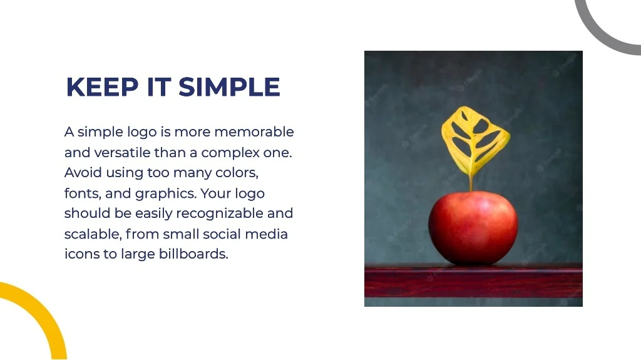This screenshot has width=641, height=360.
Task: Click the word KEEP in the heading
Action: click(x=103, y=87)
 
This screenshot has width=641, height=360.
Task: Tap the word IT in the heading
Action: click(x=158, y=87)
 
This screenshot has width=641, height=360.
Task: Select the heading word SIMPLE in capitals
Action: click(x=229, y=87)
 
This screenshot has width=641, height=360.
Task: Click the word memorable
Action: click(x=254, y=131)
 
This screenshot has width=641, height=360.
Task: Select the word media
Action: click(x=266, y=234)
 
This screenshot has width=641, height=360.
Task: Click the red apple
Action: click(x=473, y=227)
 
